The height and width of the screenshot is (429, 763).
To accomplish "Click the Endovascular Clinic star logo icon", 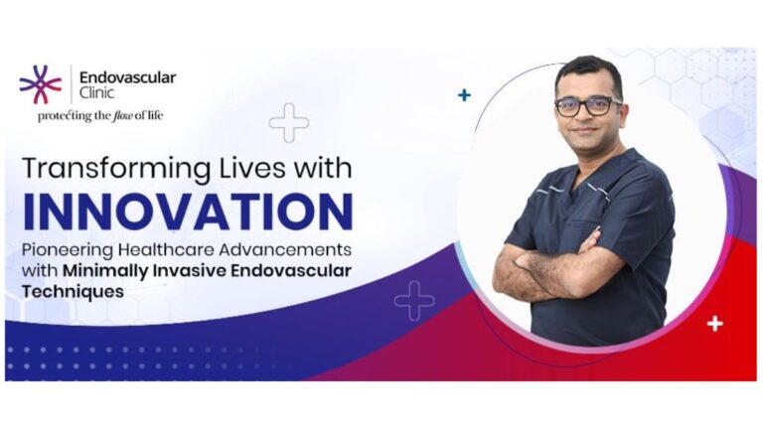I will coord(40,83).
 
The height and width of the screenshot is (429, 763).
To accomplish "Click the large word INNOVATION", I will coord(186,211).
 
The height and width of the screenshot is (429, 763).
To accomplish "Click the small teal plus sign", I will coord(464,95).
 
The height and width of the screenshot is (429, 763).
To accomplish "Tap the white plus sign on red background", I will coord(714,323).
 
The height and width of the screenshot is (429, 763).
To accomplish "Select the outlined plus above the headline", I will coord(288,122).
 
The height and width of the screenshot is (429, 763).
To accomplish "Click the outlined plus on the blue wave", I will coord(414,300).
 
